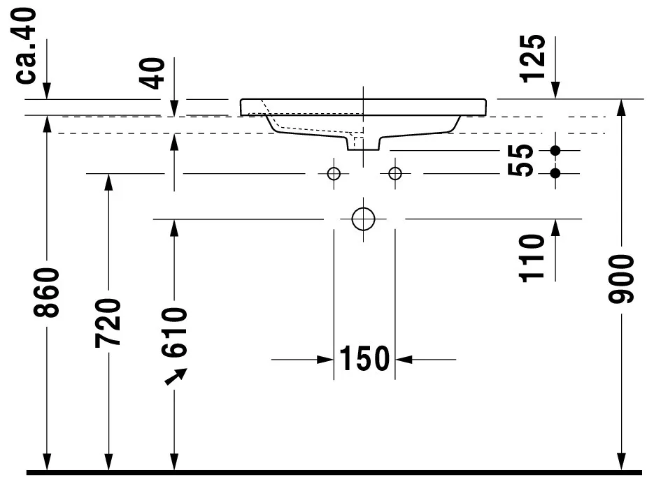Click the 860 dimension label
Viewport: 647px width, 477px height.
tap(46, 292)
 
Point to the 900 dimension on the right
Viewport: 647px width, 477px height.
tap(620, 279)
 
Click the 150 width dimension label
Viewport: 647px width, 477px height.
tap(364, 359)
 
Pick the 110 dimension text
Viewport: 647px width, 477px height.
tap(533, 257)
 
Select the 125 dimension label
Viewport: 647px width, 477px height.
tap(533, 58)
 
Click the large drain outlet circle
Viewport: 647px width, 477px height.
tap(364, 219)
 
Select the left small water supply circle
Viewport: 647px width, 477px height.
tap(334, 173)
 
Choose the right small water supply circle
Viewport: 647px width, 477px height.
tap(395, 173)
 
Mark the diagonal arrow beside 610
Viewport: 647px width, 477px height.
tap(176, 376)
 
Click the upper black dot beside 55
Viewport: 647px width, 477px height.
tap(555, 150)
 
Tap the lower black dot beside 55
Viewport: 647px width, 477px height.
tap(555, 173)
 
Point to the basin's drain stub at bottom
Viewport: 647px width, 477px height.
tap(364, 143)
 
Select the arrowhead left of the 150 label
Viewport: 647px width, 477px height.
tap(325, 360)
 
